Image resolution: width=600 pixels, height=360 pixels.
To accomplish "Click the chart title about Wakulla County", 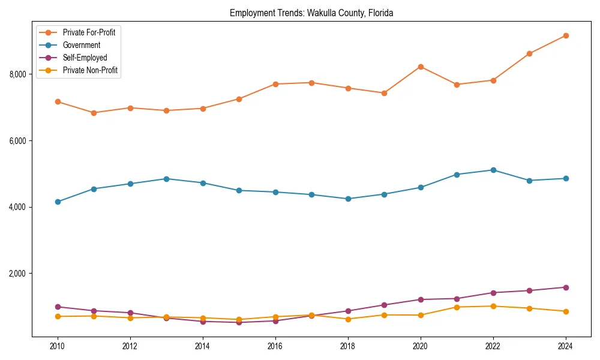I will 311,13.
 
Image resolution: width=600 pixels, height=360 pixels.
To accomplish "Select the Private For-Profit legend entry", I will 89,32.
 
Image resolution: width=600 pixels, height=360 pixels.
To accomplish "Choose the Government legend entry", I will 82,45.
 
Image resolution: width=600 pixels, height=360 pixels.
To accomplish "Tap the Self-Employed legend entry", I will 85,58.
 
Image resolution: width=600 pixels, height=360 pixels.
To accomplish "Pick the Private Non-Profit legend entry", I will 90,71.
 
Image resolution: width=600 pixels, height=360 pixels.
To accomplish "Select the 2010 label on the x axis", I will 58,346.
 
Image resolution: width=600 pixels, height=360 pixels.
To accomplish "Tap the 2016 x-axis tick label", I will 275,346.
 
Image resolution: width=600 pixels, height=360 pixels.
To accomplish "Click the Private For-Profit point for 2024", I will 566,35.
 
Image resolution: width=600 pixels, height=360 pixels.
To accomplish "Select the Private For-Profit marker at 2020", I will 421,67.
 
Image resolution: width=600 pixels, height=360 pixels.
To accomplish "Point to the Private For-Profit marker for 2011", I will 94,113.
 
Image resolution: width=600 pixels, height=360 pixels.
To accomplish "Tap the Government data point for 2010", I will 58,202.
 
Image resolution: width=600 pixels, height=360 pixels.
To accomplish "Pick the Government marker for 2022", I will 493,170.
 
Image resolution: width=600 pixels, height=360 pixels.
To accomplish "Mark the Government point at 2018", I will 348,199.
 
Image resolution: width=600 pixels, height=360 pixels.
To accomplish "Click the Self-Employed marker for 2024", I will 566,287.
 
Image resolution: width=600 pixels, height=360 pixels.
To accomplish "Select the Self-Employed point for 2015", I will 239,322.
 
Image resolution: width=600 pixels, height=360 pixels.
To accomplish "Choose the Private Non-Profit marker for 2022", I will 493,306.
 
